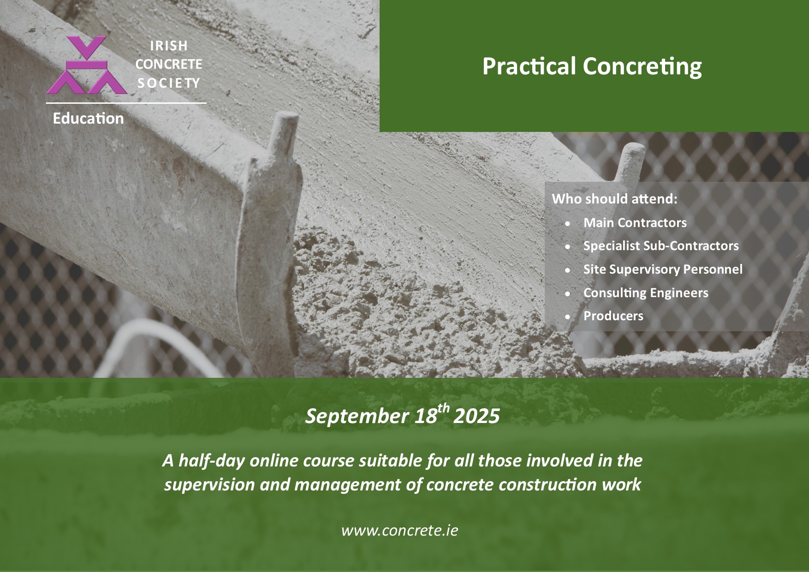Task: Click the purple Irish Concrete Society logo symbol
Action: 87,65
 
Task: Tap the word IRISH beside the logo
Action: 169,46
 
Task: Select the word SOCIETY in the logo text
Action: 169,83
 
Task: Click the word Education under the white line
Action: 88,119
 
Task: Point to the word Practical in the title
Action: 529,66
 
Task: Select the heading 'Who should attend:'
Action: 615,199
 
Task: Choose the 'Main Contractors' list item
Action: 635,223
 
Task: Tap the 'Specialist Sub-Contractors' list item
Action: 661,246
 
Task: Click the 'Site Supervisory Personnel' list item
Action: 663,269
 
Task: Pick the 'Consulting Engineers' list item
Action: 646,293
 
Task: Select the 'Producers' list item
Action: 613,316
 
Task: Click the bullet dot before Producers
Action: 568,317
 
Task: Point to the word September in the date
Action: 357,417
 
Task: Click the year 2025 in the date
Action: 476,416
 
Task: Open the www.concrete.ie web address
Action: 400,530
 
